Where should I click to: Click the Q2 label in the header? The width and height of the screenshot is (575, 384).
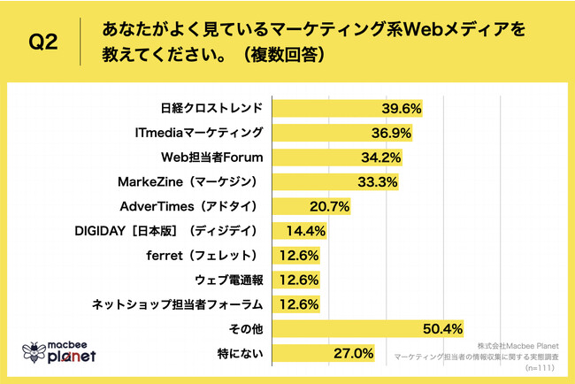[x=44, y=42]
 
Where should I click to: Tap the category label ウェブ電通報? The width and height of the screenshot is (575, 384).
[x=227, y=280]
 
